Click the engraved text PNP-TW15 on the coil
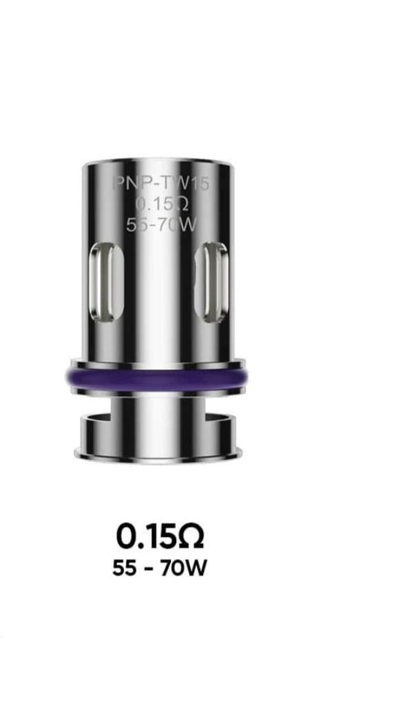click(x=161, y=183)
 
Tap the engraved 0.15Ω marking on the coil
click(x=160, y=204)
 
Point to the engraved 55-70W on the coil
click(x=161, y=224)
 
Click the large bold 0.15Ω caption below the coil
click(x=160, y=536)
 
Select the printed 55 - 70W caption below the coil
click(x=160, y=568)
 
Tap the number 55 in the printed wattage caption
click(x=125, y=568)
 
